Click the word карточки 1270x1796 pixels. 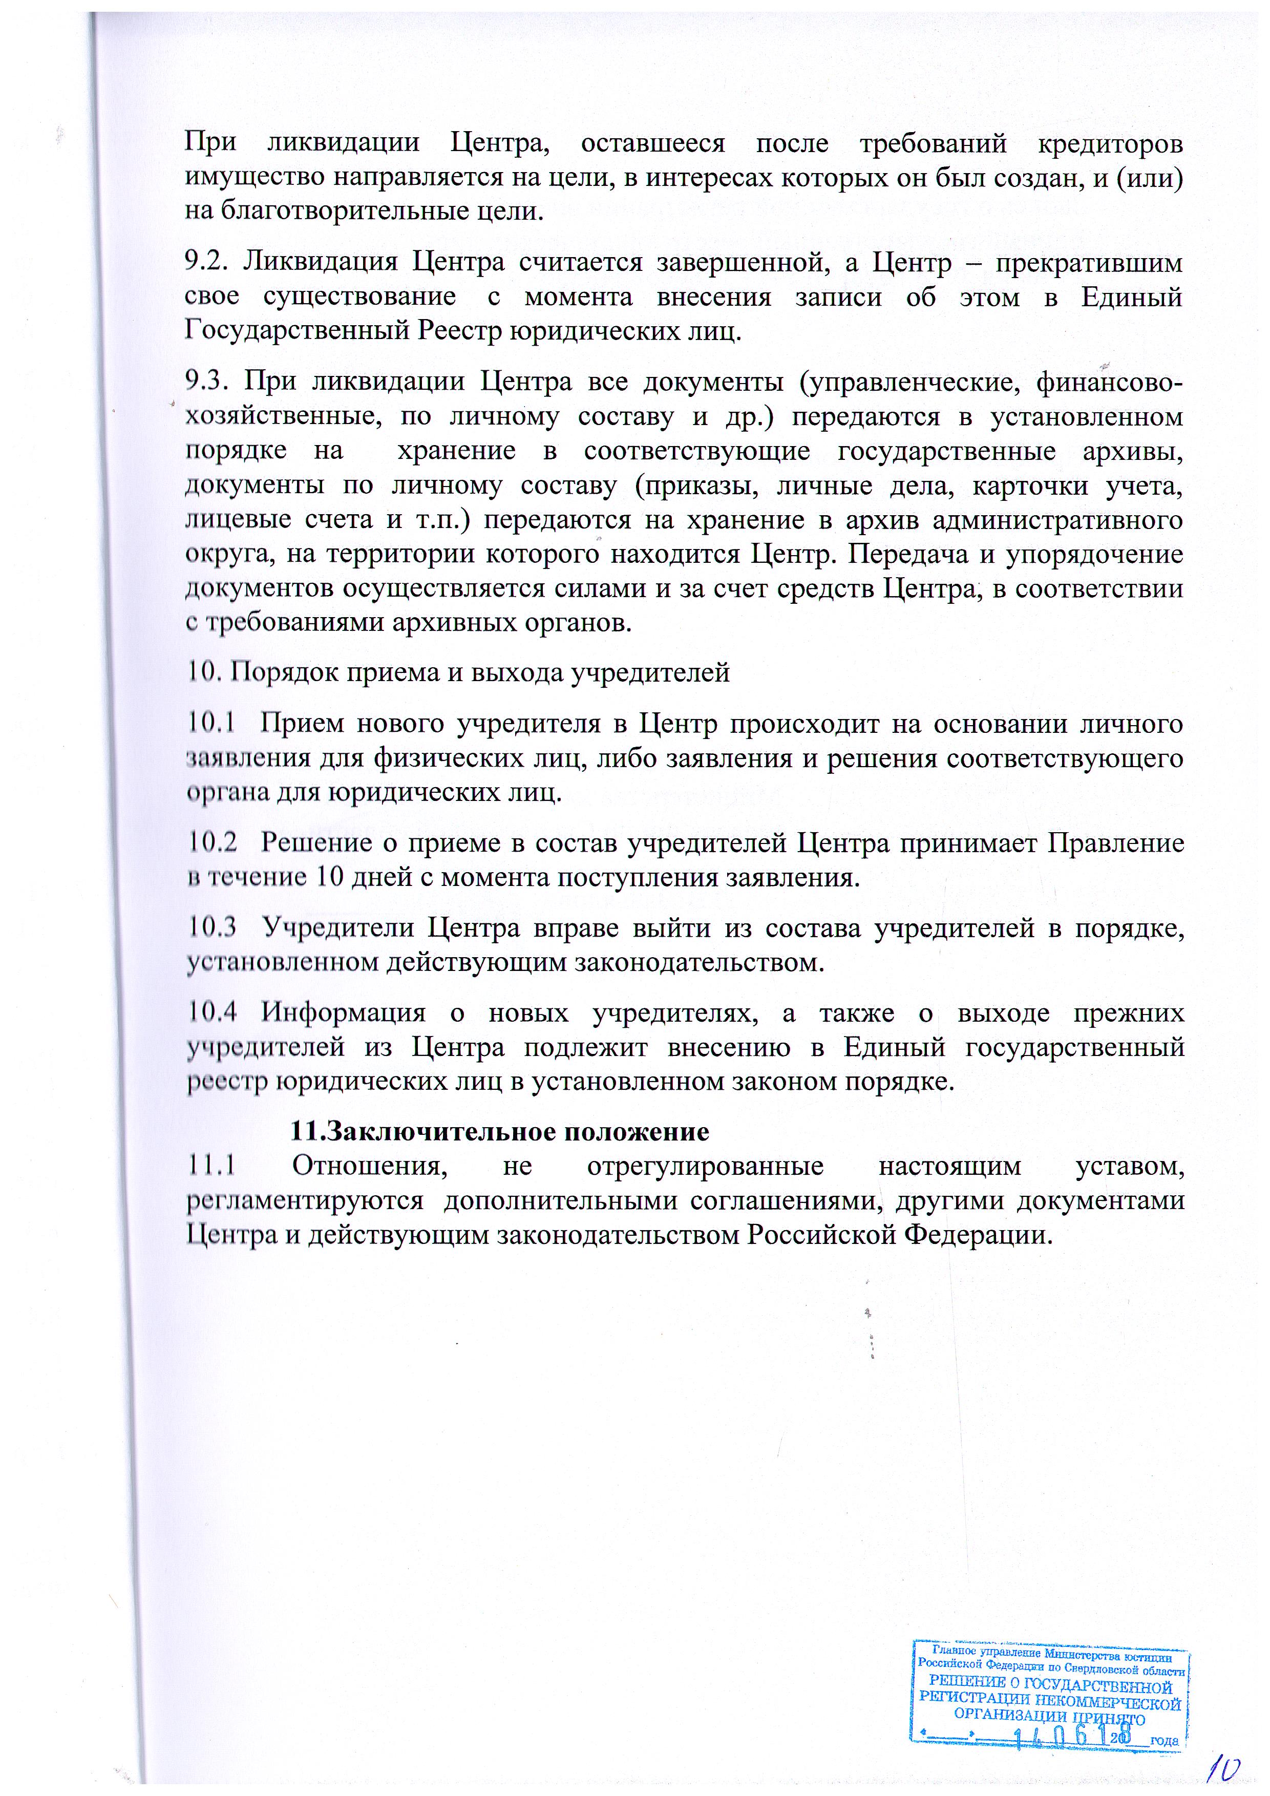pyautogui.click(x=1029, y=486)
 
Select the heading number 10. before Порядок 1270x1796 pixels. pyautogui.click(x=205, y=672)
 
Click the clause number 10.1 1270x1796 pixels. pyautogui.click(x=211, y=723)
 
